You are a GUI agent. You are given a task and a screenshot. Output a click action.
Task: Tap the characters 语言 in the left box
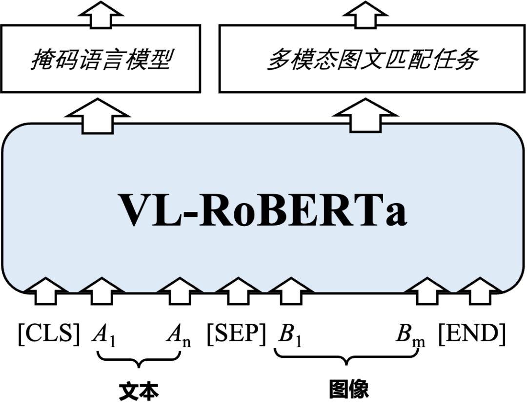tap(101, 60)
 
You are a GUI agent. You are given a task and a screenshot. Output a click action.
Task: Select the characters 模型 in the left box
tap(146, 60)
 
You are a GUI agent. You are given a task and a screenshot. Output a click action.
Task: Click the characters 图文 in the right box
tap(361, 60)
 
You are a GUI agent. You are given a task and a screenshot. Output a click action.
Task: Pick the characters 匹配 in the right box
tap(407, 60)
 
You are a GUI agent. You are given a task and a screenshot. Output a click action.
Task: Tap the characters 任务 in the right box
tap(455, 60)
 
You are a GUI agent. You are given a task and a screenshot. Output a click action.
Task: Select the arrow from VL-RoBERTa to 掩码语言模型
tap(97, 118)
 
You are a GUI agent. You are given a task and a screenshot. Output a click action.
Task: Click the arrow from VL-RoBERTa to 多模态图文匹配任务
tap(365, 117)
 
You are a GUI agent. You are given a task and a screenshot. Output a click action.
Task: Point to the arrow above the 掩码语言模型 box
tap(101, 16)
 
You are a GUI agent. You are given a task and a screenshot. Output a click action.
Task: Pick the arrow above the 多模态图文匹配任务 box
tap(365, 16)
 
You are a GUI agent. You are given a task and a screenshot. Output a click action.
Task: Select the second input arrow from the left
tap(101, 290)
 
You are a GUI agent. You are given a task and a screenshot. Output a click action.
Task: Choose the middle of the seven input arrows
tap(238, 290)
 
